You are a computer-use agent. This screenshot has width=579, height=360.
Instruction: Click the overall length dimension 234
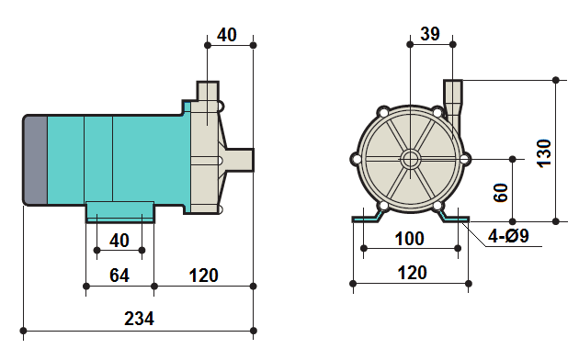[139, 319]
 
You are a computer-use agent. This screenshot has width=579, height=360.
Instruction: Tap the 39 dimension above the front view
[429, 34]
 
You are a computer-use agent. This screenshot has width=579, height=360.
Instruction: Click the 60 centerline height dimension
[501, 193]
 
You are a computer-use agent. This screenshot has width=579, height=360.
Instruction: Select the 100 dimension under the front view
[409, 239]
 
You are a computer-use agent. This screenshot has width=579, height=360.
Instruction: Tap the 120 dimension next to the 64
[203, 276]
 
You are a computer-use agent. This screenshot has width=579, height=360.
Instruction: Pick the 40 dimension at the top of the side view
[227, 35]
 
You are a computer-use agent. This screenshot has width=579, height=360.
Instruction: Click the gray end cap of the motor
[33, 161]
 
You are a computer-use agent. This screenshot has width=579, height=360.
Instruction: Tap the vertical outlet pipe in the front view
[454, 96]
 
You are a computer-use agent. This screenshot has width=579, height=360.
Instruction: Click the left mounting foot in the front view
[367, 217]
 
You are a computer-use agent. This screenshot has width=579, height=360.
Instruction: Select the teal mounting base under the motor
[120, 212]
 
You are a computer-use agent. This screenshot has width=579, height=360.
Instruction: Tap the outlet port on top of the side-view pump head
[208, 92]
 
